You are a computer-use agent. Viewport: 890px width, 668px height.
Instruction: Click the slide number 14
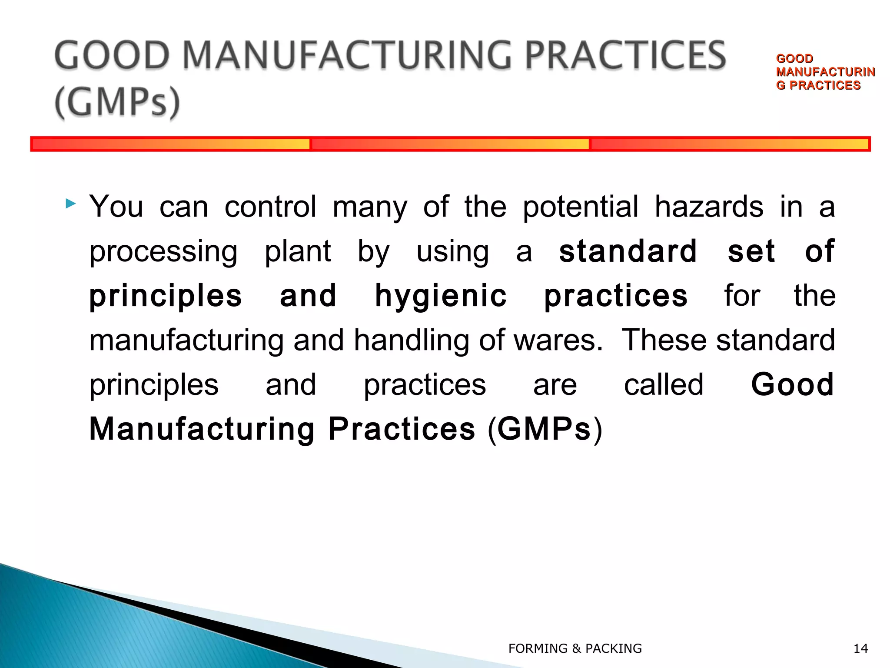click(860, 648)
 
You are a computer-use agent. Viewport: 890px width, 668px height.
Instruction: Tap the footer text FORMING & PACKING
click(575, 648)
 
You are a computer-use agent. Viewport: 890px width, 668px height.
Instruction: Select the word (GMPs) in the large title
click(117, 102)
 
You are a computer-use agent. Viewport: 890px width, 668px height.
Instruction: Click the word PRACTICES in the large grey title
click(625, 56)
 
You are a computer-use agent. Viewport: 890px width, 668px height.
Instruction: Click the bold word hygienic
click(441, 296)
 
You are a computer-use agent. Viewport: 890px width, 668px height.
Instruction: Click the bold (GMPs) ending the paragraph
click(545, 429)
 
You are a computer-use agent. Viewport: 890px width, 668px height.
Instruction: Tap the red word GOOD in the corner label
click(794, 59)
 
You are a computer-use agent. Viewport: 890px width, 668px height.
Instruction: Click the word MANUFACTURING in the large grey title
click(348, 56)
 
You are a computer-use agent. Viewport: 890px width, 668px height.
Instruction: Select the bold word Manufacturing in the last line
click(202, 429)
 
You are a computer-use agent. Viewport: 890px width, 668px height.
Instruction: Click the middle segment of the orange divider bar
click(450, 144)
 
